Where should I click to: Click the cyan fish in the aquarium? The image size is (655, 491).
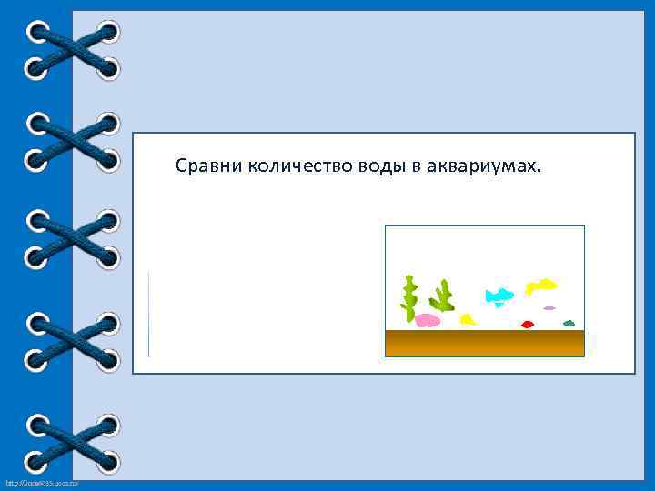pos(499,295)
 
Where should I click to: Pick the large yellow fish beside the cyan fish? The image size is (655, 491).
pos(541,286)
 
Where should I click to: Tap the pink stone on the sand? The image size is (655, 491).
pos(428,319)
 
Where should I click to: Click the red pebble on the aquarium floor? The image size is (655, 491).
pos(527,324)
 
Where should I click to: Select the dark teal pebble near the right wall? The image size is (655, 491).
pos(569,323)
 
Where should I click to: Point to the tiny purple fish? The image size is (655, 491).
pos(549,308)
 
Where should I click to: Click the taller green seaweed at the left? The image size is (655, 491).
pos(410,296)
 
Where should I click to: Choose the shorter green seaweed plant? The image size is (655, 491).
pos(444,296)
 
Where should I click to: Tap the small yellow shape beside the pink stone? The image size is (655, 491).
pos(468,319)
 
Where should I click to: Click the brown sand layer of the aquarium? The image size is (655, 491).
pos(484,343)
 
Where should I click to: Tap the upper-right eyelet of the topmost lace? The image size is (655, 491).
pos(108,33)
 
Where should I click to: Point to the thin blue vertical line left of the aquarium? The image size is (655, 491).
pos(148,314)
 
